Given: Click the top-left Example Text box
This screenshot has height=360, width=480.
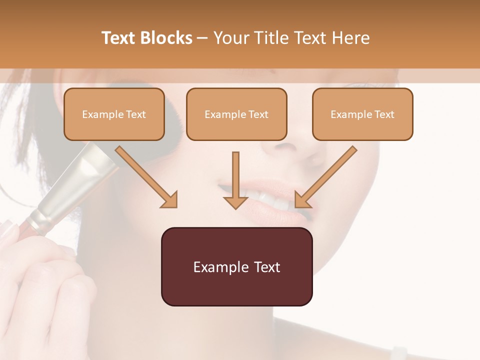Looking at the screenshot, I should pyautogui.click(x=114, y=114).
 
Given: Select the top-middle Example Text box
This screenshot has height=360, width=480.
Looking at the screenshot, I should pyautogui.click(x=236, y=114).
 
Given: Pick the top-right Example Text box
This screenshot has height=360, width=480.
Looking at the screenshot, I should pyautogui.click(x=362, y=114).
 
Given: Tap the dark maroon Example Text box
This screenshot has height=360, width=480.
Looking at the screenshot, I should pyautogui.click(x=236, y=266).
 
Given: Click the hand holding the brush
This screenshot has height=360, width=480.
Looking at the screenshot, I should pyautogui.click(x=45, y=280).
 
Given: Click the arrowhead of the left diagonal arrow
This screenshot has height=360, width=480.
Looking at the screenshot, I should pyautogui.click(x=170, y=200).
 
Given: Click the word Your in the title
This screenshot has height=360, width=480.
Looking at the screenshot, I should pyautogui.click(x=233, y=38).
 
